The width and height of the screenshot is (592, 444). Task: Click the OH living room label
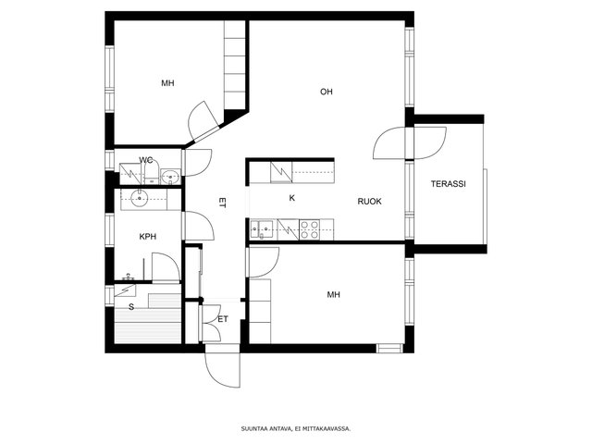[x=327, y=92]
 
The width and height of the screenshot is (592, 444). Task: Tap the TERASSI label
[x=448, y=184]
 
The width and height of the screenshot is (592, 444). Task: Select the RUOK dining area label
[x=369, y=202]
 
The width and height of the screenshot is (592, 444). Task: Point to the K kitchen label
[x=292, y=198]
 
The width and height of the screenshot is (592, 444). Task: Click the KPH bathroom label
[x=148, y=237]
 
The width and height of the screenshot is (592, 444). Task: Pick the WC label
[x=146, y=160]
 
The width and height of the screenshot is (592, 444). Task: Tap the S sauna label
[x=131, y=307]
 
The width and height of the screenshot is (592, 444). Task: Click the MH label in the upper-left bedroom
[x=167, y=83]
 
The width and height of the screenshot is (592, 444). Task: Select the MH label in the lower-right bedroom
[x=333, y=294]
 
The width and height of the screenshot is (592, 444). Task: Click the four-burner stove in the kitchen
[x=309, y=229]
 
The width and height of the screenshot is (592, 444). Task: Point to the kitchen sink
[x=262, y=229]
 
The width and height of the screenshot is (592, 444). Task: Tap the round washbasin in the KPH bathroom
[x=140, y=198]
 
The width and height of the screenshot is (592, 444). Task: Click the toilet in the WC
[x=152, y=175]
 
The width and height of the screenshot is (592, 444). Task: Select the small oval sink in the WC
[x=171, y=177]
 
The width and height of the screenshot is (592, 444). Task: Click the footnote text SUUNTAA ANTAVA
[x=266, y=428]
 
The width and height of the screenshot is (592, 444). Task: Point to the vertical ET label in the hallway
[x=222, y=203]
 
